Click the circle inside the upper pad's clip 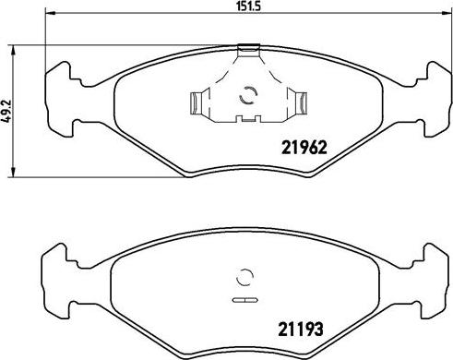246,95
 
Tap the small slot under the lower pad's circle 244,301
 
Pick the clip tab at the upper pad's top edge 247,49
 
